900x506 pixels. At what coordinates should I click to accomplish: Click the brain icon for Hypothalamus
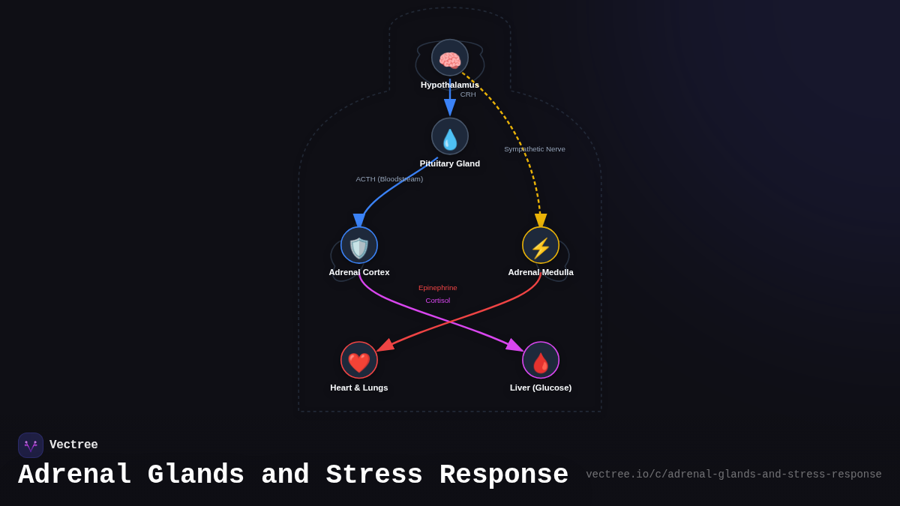(450, 58)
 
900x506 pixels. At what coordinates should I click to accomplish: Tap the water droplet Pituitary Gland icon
(450, 137)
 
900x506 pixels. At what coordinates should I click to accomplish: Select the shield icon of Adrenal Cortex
(359, 246)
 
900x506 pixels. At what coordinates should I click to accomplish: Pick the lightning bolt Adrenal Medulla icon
(541, 246)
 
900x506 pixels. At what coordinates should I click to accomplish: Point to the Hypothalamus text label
(449, 85)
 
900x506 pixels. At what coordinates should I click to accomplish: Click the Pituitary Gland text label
(450, 163)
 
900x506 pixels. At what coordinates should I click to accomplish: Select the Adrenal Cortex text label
(359, 272)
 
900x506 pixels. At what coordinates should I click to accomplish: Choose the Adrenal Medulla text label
(541, 272)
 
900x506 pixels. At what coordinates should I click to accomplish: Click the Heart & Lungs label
(359, 388)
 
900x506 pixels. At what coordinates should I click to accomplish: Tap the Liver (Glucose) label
(541, 388)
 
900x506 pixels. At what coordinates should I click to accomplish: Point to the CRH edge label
(468, 94)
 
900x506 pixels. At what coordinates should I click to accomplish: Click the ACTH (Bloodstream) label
(389, 179)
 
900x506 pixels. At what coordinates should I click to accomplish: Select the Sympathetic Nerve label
(535, 149)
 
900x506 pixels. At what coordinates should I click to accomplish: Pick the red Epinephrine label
(437, 288)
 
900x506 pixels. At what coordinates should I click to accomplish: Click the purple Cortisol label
(437, 301)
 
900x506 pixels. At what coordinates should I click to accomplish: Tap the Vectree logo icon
(31, 445)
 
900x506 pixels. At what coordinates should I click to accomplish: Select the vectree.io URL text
(733, 475)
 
